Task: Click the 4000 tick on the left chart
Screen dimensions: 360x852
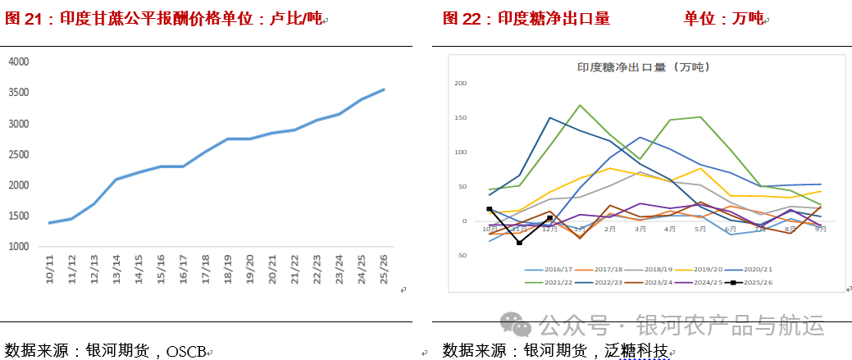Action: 19,62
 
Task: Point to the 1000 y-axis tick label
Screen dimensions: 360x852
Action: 19,247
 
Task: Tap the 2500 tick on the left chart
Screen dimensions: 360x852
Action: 19,154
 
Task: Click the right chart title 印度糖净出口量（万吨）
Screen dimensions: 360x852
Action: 642,68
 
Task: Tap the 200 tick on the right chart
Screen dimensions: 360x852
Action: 460,83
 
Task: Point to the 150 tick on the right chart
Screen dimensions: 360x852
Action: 460,117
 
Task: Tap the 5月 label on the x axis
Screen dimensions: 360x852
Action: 700,229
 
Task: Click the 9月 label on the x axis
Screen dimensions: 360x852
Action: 821,229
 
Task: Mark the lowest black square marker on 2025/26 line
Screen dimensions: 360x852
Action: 519,243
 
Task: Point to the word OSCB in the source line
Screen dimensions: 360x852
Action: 185,351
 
